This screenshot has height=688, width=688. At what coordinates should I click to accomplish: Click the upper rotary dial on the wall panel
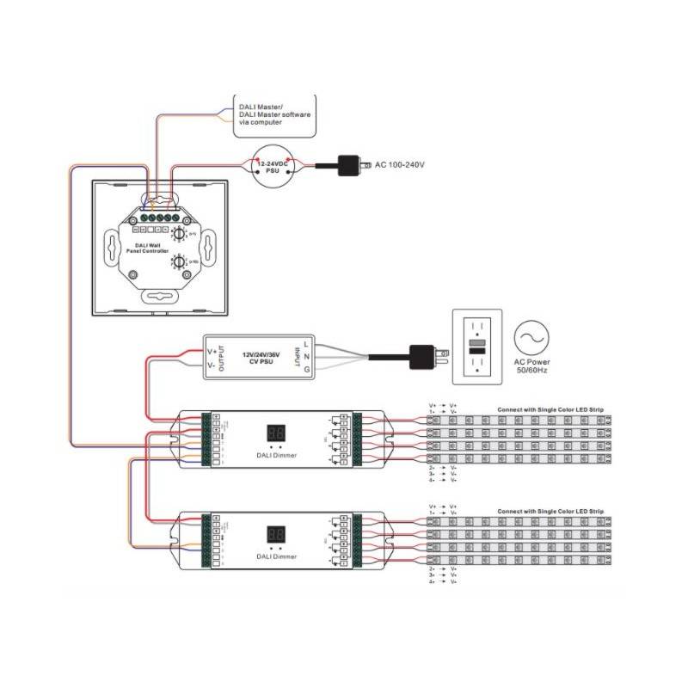[x=179, y=233]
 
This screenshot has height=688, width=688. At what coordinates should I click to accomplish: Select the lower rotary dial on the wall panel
[x=179, y=261]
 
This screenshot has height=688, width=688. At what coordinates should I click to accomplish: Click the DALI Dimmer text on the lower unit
[x=278, y=557]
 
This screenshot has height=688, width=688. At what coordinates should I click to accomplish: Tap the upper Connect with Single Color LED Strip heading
[x=550, y=409]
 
